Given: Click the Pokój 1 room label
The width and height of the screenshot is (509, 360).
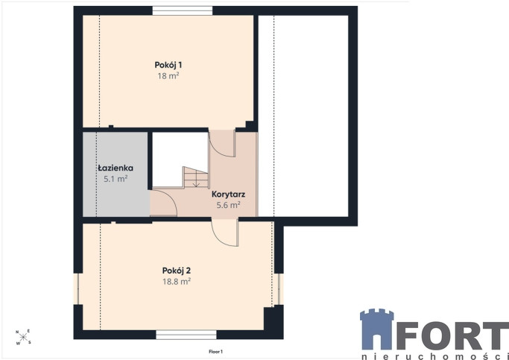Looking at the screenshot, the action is click(x=168, y=65).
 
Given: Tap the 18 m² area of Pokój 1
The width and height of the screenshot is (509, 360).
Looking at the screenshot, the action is click(x=168, y=76).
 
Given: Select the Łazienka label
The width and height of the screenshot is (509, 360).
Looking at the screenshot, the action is click(x=116, y=168).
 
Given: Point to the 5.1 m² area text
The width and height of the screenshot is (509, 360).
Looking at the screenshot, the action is click(x=116, y=179).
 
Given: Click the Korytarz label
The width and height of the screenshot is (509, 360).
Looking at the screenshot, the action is click(x=228, y=195).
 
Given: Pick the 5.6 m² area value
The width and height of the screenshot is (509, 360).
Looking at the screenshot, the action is click(x=228, y=205).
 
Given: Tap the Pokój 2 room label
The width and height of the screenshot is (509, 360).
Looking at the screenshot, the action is click(x=177, y=271).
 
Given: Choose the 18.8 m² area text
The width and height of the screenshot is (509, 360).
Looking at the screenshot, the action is click(x=177, y=282).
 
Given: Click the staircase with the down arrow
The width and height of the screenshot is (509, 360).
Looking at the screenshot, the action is click(x=196, y=177).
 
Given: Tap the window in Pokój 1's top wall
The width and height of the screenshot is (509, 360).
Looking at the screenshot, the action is click(x=183, y=10).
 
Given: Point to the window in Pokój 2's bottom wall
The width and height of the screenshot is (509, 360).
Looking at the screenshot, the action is click(x=186, y=335).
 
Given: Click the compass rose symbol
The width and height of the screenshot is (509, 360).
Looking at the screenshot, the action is click(x=23, y=338).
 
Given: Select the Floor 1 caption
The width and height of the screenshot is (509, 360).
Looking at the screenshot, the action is click(x=215, y=351).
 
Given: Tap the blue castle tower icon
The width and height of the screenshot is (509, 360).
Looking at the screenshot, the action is click(x=377, y=329).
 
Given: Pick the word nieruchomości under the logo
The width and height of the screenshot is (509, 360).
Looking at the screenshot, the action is click(x=435, y=356).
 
